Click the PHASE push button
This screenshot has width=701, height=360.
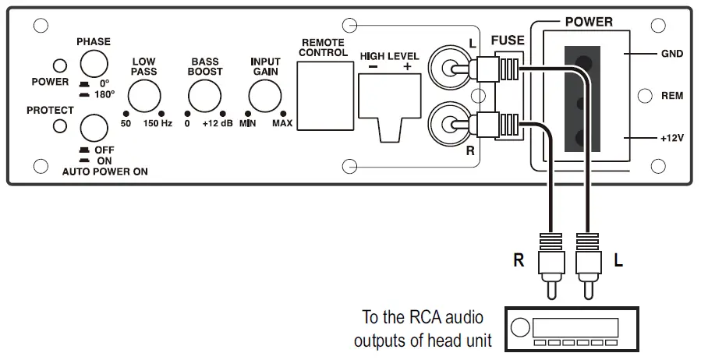click(93, 63)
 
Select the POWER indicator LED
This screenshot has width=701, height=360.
click(59, 65)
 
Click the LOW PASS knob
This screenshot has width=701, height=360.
click(143, 98)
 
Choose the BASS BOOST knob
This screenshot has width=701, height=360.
click(204, 98)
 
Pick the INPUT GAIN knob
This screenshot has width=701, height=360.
click(264, 98)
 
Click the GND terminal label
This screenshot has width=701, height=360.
click(671, 55)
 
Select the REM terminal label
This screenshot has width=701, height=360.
click(671, 96)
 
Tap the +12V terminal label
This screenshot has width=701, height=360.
click(671, 138)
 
